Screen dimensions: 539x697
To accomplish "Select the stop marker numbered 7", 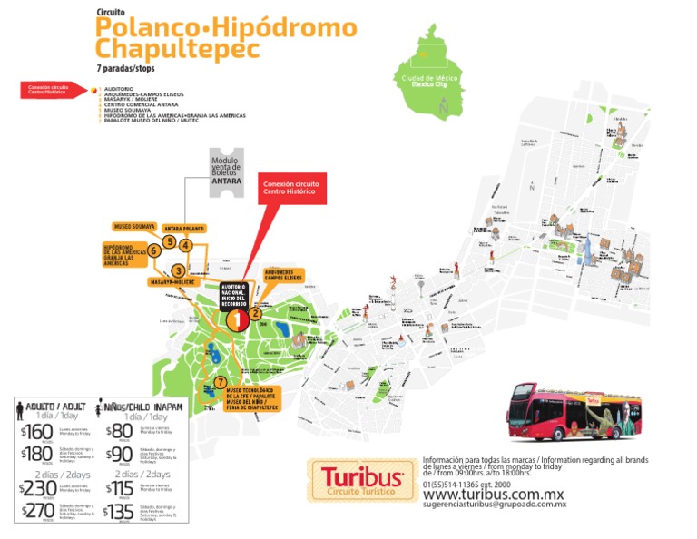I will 220,381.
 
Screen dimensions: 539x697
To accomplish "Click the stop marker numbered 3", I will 178,270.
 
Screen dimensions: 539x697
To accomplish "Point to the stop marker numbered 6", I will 154,250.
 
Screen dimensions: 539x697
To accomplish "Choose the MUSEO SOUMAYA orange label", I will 133,225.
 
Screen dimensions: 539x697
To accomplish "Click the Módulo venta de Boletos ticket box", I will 226,173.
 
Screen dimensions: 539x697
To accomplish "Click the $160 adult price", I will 37,431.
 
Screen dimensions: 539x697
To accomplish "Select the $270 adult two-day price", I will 37,512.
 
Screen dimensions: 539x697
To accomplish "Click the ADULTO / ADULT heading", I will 54,407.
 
